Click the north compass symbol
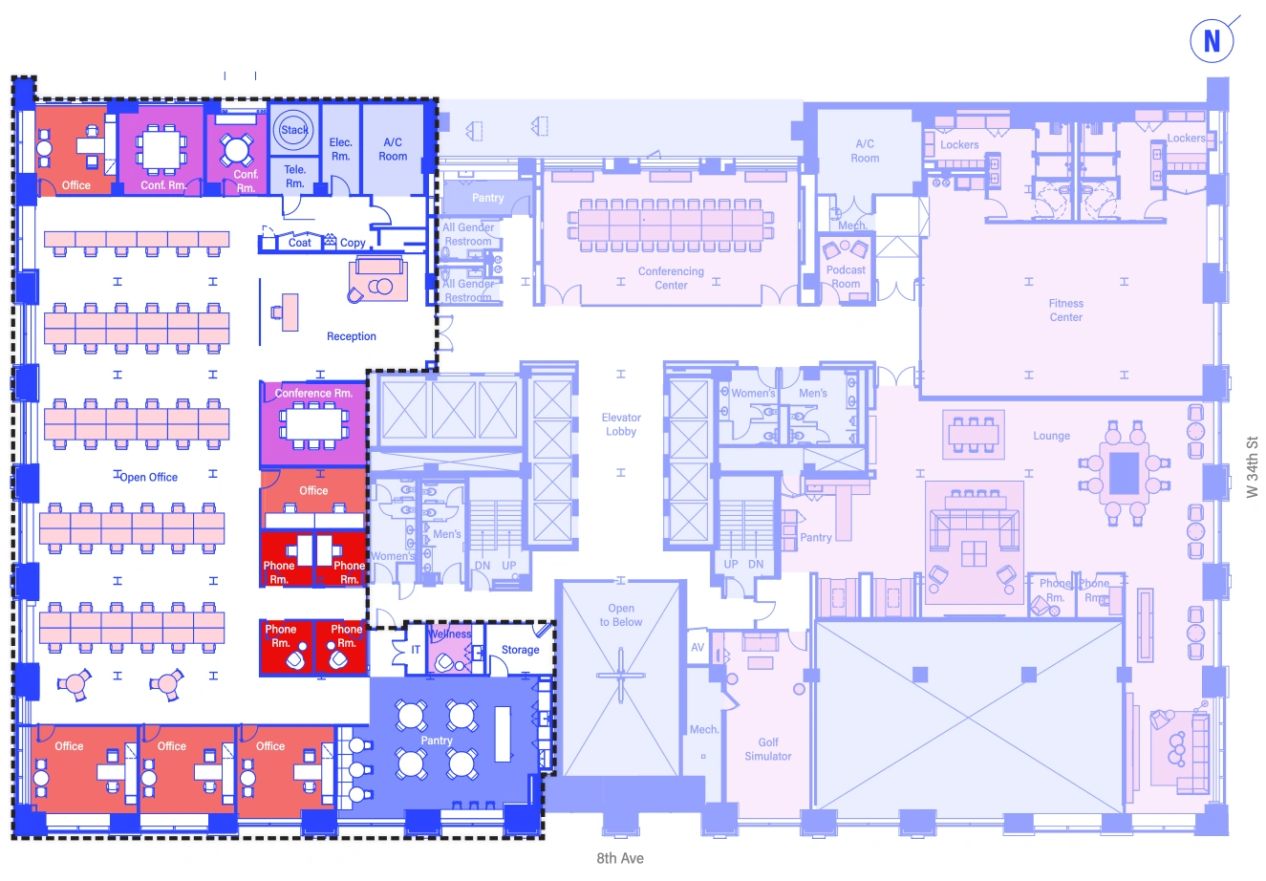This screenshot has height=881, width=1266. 1212,41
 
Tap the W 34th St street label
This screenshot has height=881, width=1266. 1253,466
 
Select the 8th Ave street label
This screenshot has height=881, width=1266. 620,858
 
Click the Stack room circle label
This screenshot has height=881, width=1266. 294,130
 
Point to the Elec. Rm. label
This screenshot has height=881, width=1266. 341,149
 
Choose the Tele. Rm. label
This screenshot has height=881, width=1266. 294,177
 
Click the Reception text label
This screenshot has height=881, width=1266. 352,336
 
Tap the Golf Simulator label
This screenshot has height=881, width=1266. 768,749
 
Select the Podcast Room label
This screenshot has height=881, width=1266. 846,277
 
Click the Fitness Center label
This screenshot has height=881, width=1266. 1066,311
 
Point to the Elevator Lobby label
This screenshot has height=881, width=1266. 621,424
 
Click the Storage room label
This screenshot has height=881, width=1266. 520,650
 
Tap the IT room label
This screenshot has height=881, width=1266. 416,650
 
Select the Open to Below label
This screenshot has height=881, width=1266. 621,615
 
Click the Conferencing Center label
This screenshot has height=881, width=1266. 671,278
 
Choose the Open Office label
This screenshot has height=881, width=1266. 149,477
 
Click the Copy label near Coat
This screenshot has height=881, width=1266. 353,243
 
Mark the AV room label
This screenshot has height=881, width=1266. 697,648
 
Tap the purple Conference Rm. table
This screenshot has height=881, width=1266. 313,421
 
